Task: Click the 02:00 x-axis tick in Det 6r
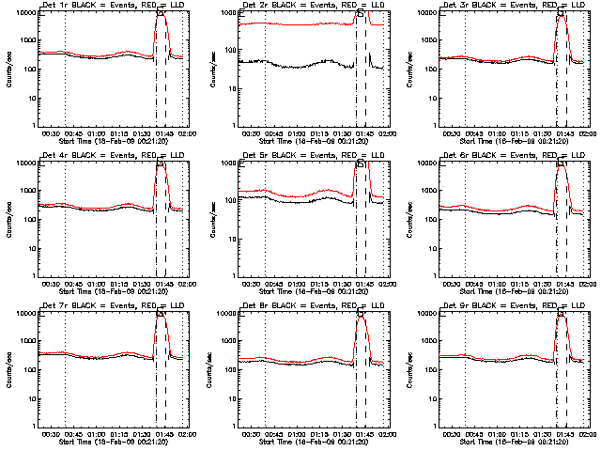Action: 586,282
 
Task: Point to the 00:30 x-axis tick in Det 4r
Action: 53,282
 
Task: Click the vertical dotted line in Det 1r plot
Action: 65,69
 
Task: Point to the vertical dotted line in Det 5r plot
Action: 265,219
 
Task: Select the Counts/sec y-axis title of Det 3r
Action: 410,69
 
